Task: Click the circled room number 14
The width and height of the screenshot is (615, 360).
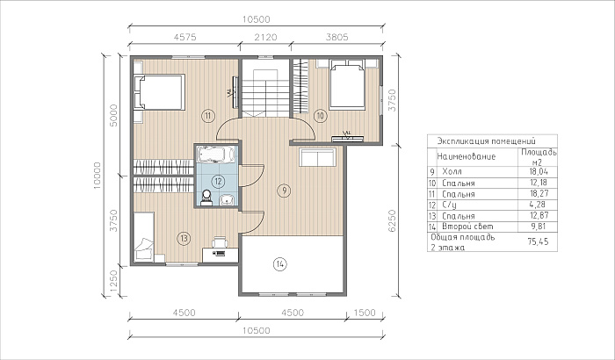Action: (x=279, y=264)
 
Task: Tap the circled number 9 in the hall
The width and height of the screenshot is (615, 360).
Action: (x=284, y=191)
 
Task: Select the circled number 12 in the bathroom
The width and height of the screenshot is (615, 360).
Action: (x=218, y=181)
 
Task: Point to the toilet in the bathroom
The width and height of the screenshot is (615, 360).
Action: (x=206, y=198)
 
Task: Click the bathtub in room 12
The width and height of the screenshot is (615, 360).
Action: (x=215, y=155)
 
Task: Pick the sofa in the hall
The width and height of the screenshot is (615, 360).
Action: (x=317, y=157)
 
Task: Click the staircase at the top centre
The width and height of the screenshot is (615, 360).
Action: (x=265, y=93)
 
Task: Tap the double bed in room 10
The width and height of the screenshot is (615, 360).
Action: (x=347, y=84)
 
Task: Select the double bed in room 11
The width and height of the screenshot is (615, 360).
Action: (x=159, y=92)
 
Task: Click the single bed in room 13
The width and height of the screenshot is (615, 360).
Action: (x=143, y=236)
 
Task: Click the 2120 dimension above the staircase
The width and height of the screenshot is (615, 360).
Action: (x=265, y=37)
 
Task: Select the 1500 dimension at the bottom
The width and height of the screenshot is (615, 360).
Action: (x=365, y=313)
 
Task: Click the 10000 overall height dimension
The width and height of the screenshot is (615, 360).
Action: (x=98, y=176)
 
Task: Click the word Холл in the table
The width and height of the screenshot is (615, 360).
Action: (x=452, y=172)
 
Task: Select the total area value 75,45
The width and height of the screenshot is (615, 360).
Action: (x=538, y=241)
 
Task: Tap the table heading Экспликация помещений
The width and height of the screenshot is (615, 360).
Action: (x=486, y=140)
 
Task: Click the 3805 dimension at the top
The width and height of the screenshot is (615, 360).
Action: (x=336, y=37)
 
